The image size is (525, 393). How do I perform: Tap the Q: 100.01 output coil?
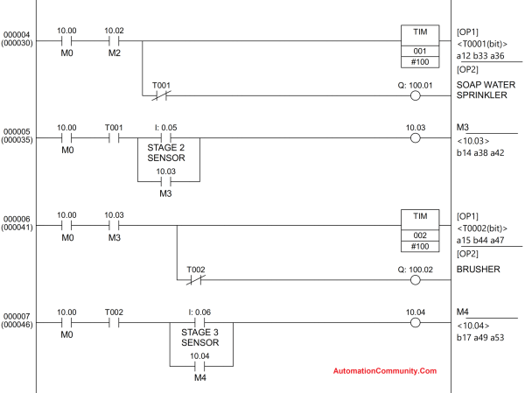[x=415, y=95]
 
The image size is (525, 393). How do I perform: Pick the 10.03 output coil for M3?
[x=415, y=138]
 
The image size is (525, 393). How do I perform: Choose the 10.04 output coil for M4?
[x=415, y=322]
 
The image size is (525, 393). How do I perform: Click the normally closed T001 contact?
[x=161, y=95]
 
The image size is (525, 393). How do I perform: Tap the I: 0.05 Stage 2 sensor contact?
[x=170, y=138]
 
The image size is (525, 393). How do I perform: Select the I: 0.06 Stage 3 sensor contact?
[x=200, y=322]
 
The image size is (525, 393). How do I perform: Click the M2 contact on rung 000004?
[x=114, y=42]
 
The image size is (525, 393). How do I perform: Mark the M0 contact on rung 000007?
[x=66, y=322]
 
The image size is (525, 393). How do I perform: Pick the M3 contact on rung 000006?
[x=114, y=226]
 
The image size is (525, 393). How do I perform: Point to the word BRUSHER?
[x=478, y=270]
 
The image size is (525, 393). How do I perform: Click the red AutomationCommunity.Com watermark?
[x=385, y=371]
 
